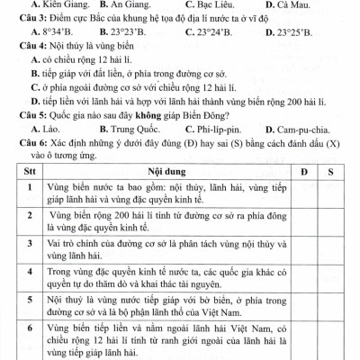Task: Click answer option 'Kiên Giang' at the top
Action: coord(46,4)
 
